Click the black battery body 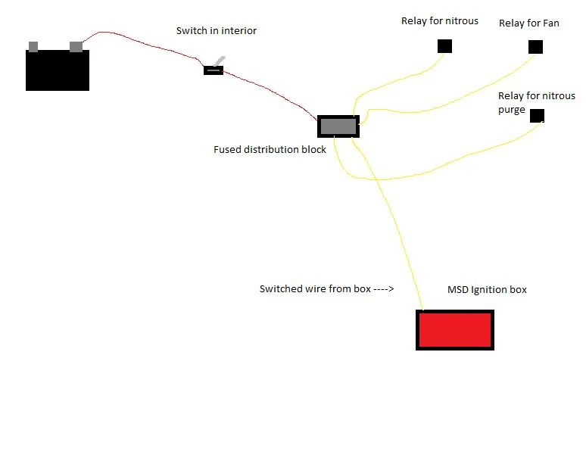tap(58, 70)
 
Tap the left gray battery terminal tap(33, 47)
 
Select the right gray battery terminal tap(76, 46)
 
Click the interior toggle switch tap(214, 68)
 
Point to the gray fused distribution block tap(338, 126)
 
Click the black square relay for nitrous tap(444, 46)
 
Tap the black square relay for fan tap(535, 47)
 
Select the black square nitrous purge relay tap(537, 116)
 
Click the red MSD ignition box tap(455, 330)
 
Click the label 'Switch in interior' tap(217, 30)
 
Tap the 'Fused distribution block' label tap(270, 149)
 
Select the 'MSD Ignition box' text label tap(487, 290)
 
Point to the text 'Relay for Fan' tap(528, 23)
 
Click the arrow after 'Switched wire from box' tap(384, 288)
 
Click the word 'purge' tap(512, 111)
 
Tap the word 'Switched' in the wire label tap(277, 288)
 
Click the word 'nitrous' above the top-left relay tap(461, 21)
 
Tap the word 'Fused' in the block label tap(227, 149)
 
